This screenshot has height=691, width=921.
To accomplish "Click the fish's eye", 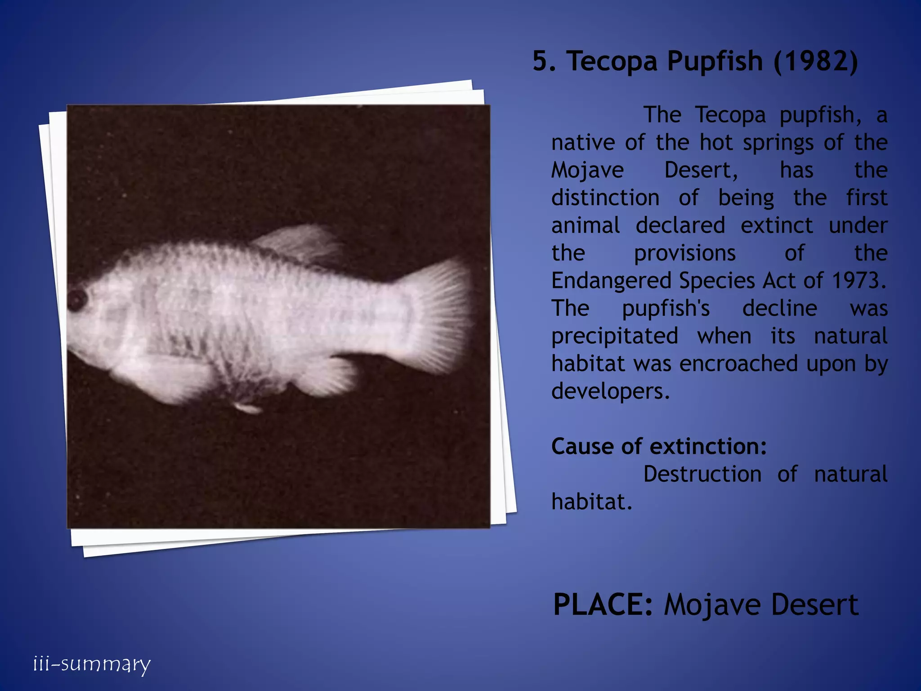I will click(77, 299).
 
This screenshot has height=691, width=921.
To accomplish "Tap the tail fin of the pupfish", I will click(443, 315).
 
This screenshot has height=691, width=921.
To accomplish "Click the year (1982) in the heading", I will click(816, 61).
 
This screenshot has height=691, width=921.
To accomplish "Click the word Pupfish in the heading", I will click(715, 62).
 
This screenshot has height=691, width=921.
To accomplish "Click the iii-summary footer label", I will click(92, 664).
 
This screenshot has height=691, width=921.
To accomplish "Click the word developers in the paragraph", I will click(610, 391).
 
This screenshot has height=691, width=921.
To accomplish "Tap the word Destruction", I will click(702, 474).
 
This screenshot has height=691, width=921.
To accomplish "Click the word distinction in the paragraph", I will click(605, 198).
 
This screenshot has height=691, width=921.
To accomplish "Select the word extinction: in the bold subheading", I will click(708, 447).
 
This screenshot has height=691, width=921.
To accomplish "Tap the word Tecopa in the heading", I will click(612, 62).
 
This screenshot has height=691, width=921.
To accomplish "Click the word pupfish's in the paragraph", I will click(666, 309).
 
